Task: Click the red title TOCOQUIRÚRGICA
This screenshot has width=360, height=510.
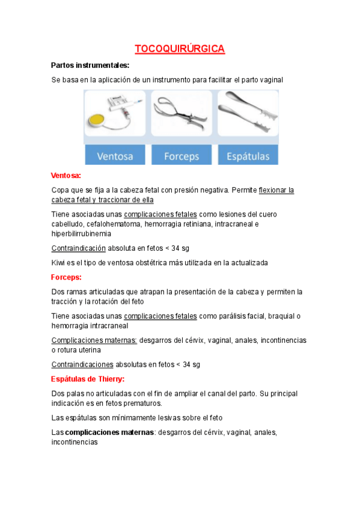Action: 180,49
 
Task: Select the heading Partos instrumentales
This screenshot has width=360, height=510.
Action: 90,65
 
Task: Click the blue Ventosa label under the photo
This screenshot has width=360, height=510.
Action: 116,156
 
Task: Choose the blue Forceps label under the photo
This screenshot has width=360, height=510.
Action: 181,156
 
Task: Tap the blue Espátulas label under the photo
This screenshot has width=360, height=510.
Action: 248,156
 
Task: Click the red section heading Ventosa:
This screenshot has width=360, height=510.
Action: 66,175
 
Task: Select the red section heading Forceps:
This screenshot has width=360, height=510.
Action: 66,277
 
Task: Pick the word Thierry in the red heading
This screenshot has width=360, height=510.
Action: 108,379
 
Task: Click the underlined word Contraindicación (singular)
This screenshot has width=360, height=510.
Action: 78,248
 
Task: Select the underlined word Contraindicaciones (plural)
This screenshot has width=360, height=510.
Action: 82,364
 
